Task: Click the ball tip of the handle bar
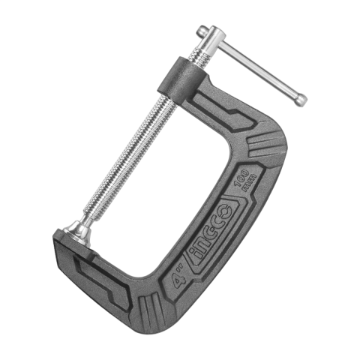(x=300, y=98)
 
